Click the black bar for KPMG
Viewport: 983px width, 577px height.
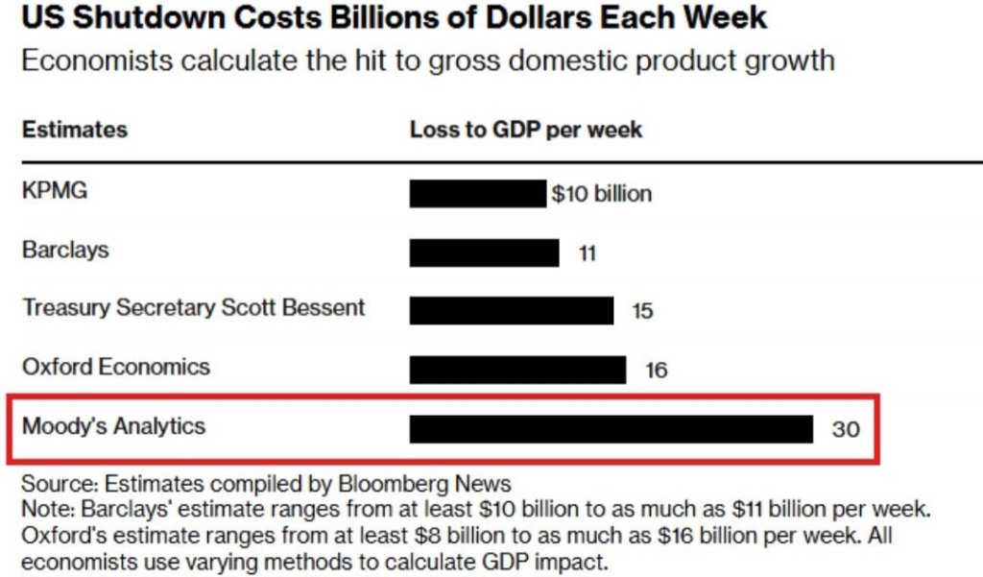(477, 193)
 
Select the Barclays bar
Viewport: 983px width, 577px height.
(484, 252)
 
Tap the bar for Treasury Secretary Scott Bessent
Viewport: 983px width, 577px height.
(511, 310)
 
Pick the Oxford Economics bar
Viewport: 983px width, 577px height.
(517, 369)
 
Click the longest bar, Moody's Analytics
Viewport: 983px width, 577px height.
(611, 428)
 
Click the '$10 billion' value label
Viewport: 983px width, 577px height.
(601, 194)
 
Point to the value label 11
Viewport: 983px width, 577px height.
(587, 253)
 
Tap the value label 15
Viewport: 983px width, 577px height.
(642, 311)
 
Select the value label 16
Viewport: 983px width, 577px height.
(656, 370)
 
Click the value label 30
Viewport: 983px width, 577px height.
(845, 429)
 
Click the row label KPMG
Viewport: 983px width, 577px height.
(54, 190)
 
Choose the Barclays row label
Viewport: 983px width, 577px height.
(65, 250)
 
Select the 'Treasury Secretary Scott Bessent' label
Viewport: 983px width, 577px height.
(193, 308)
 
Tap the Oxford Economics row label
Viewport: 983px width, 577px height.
(115, 367)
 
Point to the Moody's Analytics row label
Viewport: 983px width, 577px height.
(113, 425)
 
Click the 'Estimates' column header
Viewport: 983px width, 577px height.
(74, 130)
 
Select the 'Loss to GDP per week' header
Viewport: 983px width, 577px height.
(526, 130)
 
